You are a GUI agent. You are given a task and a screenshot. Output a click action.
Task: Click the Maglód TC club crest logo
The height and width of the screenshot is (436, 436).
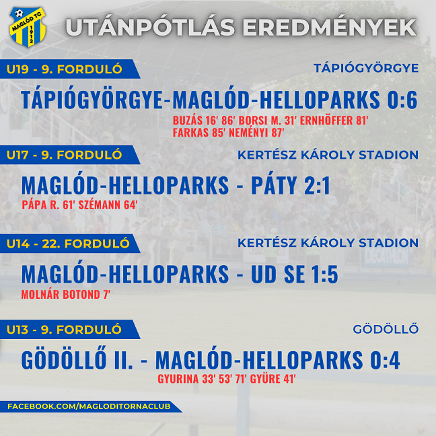27,27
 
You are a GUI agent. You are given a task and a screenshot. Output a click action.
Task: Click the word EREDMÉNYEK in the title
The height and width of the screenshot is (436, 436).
329,28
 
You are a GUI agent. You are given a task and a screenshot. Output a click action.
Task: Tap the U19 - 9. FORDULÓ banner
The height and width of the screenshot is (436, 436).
69,69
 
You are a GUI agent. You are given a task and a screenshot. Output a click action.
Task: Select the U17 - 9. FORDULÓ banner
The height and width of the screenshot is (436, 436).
69,155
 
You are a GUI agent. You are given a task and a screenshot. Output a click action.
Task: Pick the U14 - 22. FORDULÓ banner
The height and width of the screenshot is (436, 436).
69,244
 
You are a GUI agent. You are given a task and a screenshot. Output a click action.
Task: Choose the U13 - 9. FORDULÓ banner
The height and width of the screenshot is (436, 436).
69,330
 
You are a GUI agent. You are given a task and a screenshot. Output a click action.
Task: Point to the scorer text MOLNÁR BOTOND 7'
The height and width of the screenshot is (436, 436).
66,295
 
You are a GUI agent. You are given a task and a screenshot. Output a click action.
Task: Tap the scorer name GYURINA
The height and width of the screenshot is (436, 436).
178,379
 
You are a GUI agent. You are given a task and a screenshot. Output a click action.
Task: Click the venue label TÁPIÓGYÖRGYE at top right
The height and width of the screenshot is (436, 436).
366,68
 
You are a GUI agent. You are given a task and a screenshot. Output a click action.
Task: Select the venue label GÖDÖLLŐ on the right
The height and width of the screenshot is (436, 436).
386,329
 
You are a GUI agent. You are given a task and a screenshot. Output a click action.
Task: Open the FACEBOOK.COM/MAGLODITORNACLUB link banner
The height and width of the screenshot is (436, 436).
89,406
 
